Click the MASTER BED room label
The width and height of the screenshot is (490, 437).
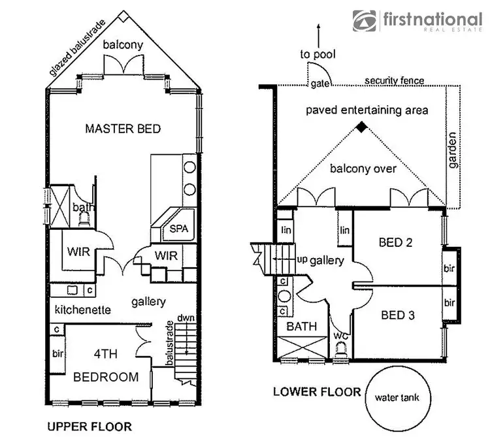(123, 129)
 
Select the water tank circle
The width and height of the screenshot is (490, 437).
(395, 398)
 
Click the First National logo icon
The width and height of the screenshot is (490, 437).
(365, 21)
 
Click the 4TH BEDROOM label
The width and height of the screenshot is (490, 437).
(106, 366)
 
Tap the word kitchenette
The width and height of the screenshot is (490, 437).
(82, 308)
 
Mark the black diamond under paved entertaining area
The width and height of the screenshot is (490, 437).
(361, 129)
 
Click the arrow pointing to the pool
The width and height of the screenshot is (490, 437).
(318, 33)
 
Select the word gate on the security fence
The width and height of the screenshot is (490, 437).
(319, 84)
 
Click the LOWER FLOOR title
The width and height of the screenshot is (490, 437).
(318, 392)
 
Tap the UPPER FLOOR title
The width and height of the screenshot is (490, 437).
(90, 427)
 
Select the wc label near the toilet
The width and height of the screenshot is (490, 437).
(340, 336)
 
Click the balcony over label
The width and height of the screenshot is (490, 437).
(363, 169)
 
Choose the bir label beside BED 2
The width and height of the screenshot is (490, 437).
(449, 268)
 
